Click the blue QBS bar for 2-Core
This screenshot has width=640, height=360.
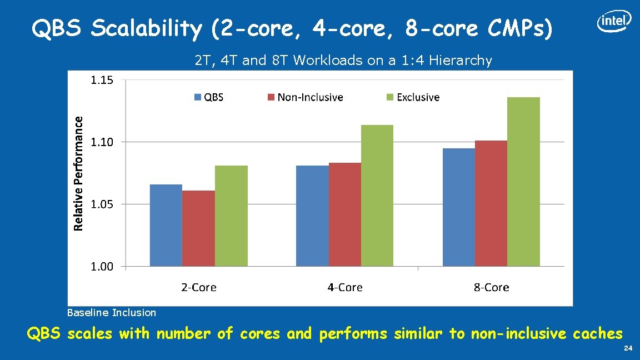click(166, 225)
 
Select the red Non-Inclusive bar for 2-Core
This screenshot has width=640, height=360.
click(198, 228)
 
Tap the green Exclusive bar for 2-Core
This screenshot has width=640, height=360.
click(231, 216)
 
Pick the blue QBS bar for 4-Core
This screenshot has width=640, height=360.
click(312, 216)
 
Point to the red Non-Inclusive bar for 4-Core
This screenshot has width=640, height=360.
click(344, 214)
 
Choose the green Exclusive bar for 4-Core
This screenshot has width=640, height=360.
click(377, 196)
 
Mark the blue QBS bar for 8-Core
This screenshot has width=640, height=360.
click(458, 207)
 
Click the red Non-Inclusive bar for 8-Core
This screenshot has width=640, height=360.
click(491, 203)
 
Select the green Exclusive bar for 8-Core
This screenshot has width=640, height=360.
click(523, 182)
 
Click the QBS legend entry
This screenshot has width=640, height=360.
click(209, 97)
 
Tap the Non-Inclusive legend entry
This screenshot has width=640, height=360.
click(305, 97)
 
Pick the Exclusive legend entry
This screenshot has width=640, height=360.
click(413, 97)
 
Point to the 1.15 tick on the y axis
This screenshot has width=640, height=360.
click(102, 80)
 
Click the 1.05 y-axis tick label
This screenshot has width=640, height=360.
click(102, 204)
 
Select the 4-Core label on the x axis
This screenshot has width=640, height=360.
click(344, 287)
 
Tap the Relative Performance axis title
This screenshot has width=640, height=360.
click(79, 173)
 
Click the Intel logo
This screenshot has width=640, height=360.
click(614, 22)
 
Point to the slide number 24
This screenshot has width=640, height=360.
click(628, 348)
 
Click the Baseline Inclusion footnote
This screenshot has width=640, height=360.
click(111, 313)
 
